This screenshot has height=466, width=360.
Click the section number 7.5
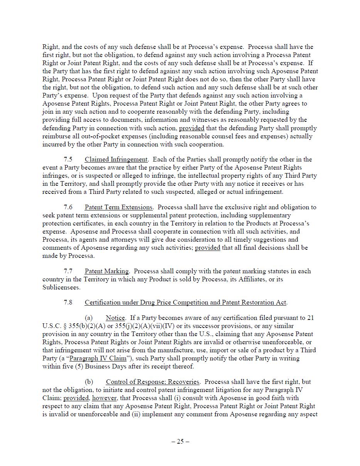tap(68, 160)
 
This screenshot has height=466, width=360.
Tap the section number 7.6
tap(68, 207)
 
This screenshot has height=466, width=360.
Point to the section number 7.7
tap(68, 271)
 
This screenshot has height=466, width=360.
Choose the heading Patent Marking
tap(107, 271)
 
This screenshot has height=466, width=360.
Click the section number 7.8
tap(68, 303)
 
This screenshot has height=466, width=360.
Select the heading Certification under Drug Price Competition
tap(186, 303)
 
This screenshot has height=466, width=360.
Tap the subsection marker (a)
tap(89, 318)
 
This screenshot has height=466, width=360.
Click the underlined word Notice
tap(115, 318)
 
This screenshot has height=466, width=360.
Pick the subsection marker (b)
tap(89, 382)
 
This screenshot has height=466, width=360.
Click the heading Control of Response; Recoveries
tap(153, 382)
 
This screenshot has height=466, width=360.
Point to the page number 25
tap(180, 442)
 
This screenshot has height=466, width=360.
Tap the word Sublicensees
tap(61, 288)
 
